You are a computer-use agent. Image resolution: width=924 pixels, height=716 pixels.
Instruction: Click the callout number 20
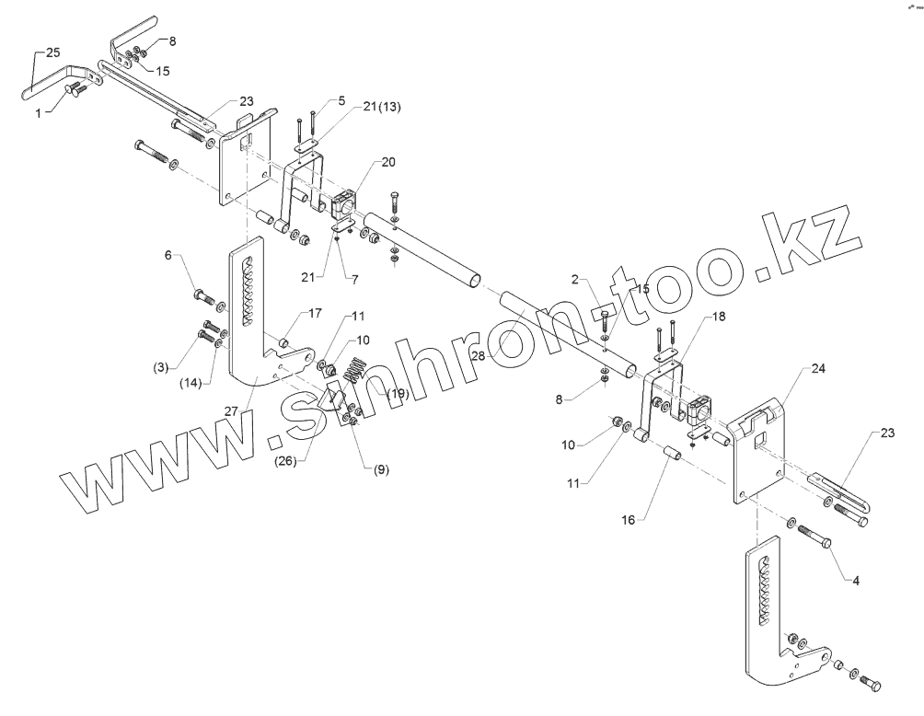(x=387, y=161)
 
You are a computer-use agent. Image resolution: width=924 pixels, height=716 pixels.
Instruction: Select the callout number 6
(x=168, y=255)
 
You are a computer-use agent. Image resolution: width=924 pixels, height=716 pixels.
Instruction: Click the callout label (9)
(x=381, y=469)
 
